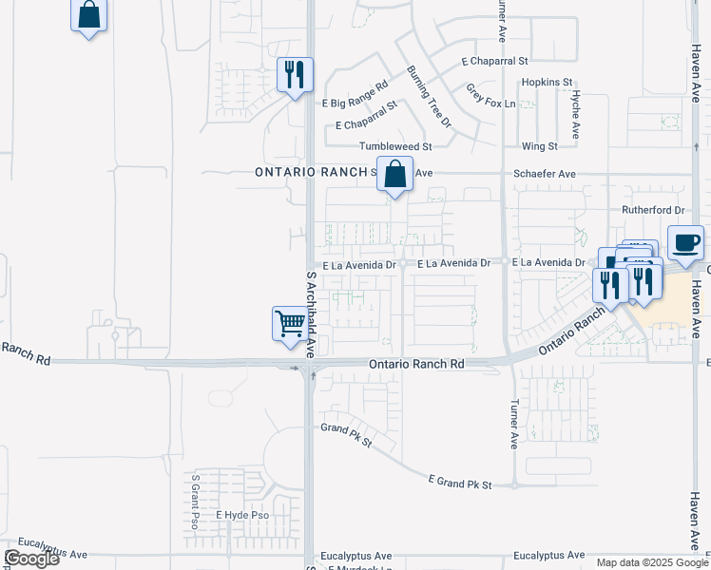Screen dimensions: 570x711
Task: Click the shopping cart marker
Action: [290, 324]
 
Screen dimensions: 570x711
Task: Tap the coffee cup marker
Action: [686, 243]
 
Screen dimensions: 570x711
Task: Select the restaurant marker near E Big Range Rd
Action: [295, 75]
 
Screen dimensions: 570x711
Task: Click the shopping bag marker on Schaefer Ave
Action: [394, 175]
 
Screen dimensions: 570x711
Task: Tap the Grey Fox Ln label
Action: [490, 96]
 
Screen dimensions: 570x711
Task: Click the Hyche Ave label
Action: [576, 116]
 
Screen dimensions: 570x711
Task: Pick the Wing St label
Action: [539, 146]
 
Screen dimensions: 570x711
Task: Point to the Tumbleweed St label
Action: [394, 146]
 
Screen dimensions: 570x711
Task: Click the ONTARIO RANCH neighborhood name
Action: [311, 172]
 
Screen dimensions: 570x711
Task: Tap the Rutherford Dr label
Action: [653, 209]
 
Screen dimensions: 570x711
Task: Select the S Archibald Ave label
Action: [311, 313]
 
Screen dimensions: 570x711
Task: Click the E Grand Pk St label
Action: [460, 484]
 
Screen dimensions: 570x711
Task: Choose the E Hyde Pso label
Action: [242, 515]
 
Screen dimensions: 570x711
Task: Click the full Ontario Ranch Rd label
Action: [416, 364]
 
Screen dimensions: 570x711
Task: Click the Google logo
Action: [31, 559]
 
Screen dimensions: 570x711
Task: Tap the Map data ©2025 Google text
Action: [651, 562]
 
